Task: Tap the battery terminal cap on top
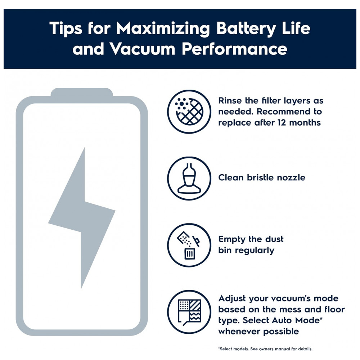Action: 82,92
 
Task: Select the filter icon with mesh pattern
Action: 189,112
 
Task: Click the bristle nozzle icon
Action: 189,179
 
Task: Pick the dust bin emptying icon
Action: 189,245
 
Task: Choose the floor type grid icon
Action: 189,312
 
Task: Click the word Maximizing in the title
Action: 163,28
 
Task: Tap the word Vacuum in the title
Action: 142,49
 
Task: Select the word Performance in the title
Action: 234,49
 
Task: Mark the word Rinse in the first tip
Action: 230,100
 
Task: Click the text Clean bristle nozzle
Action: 262,177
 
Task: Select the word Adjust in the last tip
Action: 232,299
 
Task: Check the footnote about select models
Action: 265,349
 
